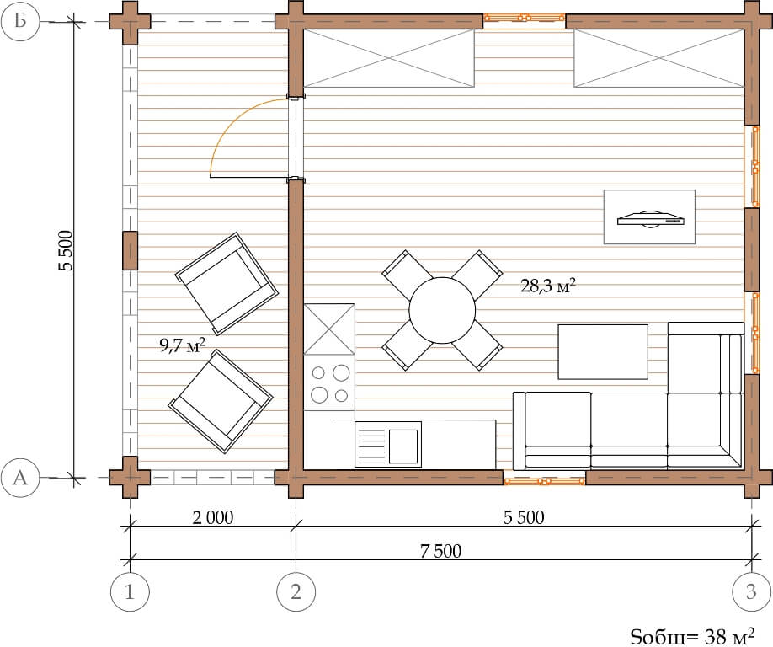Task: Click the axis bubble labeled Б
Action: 19,22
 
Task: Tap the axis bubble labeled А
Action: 19,478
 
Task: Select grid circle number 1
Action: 130,591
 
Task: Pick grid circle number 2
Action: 296,591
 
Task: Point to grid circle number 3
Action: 751,591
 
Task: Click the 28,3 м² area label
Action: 548,286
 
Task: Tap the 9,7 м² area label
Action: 183,345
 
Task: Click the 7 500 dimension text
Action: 440,551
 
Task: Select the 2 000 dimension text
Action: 212,517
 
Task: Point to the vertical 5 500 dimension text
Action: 66,250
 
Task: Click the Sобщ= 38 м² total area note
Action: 692,637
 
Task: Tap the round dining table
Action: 442,310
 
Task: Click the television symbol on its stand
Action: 651,218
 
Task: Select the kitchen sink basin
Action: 403,446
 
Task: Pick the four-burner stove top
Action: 329,382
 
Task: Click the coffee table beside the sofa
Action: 603,351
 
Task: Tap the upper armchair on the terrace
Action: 227,284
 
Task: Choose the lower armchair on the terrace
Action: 221,401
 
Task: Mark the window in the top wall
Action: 524,19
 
